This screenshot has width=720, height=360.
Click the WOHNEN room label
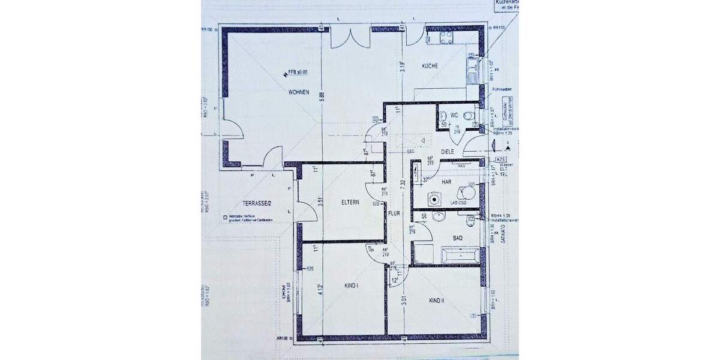pyautogui.click(x=298, y=92)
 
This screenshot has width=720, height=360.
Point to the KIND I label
pyautogui.click(x=352, y=285)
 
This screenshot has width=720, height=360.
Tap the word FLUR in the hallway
pyautogui.click(x=394, y=212)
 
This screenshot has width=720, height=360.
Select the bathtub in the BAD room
pyautogui.click(x=461, y=255)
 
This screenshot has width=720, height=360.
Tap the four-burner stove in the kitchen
pyautogui.click(x=446, y=38)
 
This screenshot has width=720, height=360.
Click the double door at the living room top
pyautogui.click(x=351, y=38)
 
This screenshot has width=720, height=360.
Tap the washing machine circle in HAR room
pyautogui.click(x=433, y=199)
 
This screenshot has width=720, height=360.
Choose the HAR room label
pyautogui.click(x=446, y=181)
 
